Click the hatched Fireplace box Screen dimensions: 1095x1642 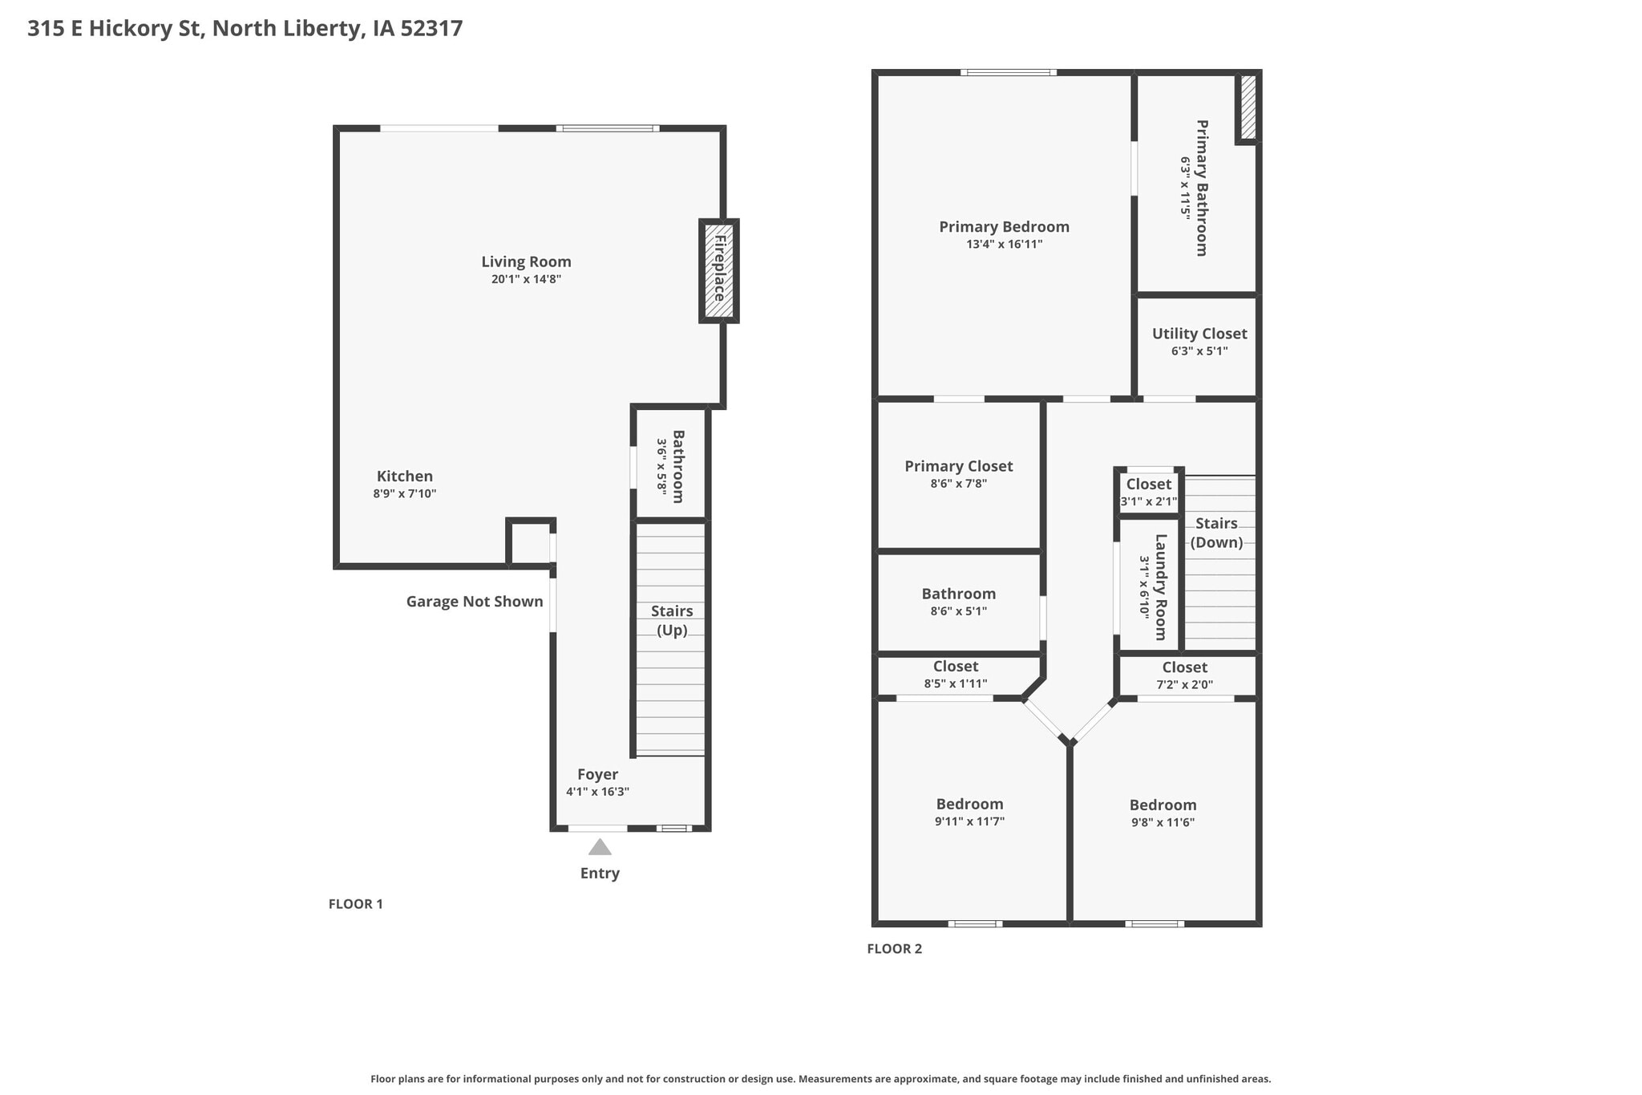point(718,271)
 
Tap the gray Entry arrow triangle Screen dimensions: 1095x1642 point(600,847)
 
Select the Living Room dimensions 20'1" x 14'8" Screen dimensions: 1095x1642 point(526,279)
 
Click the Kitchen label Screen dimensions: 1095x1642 point(405,476)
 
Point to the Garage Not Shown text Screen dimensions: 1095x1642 point(475,602)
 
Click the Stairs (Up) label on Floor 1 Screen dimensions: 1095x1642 point(672,620)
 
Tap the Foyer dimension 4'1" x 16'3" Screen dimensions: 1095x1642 point(597,792)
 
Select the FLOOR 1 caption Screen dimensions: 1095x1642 point(356,904)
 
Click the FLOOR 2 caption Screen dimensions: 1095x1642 point(895,949)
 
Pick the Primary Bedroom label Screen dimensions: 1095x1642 point(1004,227)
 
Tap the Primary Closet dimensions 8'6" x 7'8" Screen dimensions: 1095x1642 point(958,484)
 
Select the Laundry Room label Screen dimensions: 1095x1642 point(1160,587)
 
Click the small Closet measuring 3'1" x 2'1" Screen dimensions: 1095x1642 point(1149,492)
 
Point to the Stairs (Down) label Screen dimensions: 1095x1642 point(1216,533)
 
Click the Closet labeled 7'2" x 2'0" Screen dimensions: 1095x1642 point(1184,675)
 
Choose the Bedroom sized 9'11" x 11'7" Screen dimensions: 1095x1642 point(969,812)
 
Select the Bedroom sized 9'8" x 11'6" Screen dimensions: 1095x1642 point(1163,813)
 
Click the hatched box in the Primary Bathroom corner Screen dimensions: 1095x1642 point(1248,107)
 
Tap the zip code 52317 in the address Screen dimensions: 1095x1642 point(431,29)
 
